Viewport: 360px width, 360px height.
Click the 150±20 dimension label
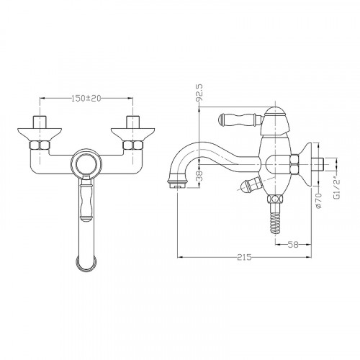(x=86, y=98)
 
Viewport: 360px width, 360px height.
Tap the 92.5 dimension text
(x=199, y=92)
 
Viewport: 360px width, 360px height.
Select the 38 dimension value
(x=199, y=175)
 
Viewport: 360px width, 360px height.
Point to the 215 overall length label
(x=244, y=257)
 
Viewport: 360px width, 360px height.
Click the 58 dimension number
(x=293, y=245)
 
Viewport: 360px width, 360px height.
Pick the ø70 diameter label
(x=318, y=201)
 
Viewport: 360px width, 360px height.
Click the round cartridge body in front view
(x=86, y=163)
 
